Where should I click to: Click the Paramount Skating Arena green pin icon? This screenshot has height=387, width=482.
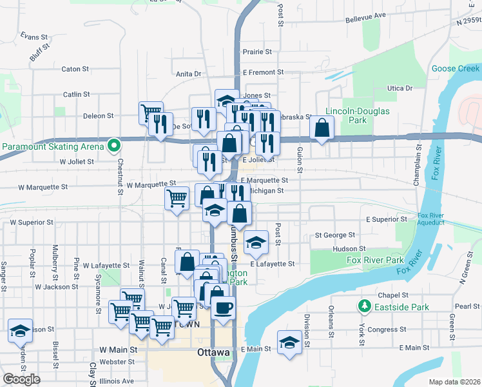point(114,146)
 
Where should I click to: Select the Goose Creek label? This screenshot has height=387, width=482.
point(455,68)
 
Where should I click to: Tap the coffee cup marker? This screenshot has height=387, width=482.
point(223,308)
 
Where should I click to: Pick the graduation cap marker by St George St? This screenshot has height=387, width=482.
point(256,243)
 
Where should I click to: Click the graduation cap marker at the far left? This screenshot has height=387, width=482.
point(20,331)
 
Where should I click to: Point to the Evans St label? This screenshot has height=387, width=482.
point(34,36)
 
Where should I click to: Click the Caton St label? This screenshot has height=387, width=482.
point(75,69)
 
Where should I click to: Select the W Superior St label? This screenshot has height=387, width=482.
point(31,223)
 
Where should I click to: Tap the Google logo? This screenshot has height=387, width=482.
point(21,379)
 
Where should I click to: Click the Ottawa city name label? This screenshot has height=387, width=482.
point(213,353)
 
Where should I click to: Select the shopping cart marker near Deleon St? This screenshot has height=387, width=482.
point(150,114)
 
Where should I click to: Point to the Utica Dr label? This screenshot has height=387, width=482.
point(400,88)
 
